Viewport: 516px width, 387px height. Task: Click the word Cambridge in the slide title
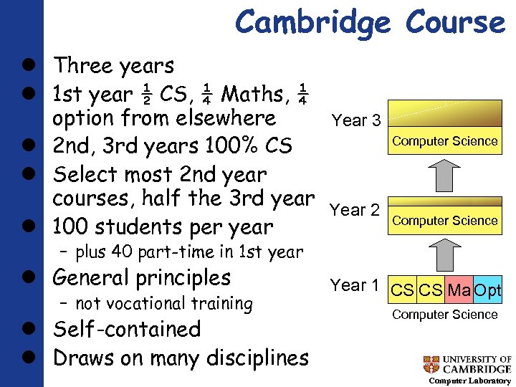click(x=313, y=22)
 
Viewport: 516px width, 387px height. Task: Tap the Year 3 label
click(x=356, y=120)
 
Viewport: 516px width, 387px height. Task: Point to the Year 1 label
click(x=354, y=285)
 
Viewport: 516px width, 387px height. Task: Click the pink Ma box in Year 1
click(x=459, y=291)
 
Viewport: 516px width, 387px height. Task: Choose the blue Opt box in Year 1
click(x=487, y=291)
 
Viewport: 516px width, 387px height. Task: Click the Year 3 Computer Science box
click(x=445, y=140)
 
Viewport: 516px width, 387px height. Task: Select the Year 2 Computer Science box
click(x=445, y=220)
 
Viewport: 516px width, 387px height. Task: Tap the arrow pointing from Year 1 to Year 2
click(x=445, y=254)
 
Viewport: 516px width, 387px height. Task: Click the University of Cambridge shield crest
click(x=431, y=364)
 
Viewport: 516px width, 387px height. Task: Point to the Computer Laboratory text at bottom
click(x=469, y=381)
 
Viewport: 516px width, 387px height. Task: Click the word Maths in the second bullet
click(x=252, y=93)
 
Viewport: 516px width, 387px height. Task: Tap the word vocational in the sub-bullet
click(x=153, y=304)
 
